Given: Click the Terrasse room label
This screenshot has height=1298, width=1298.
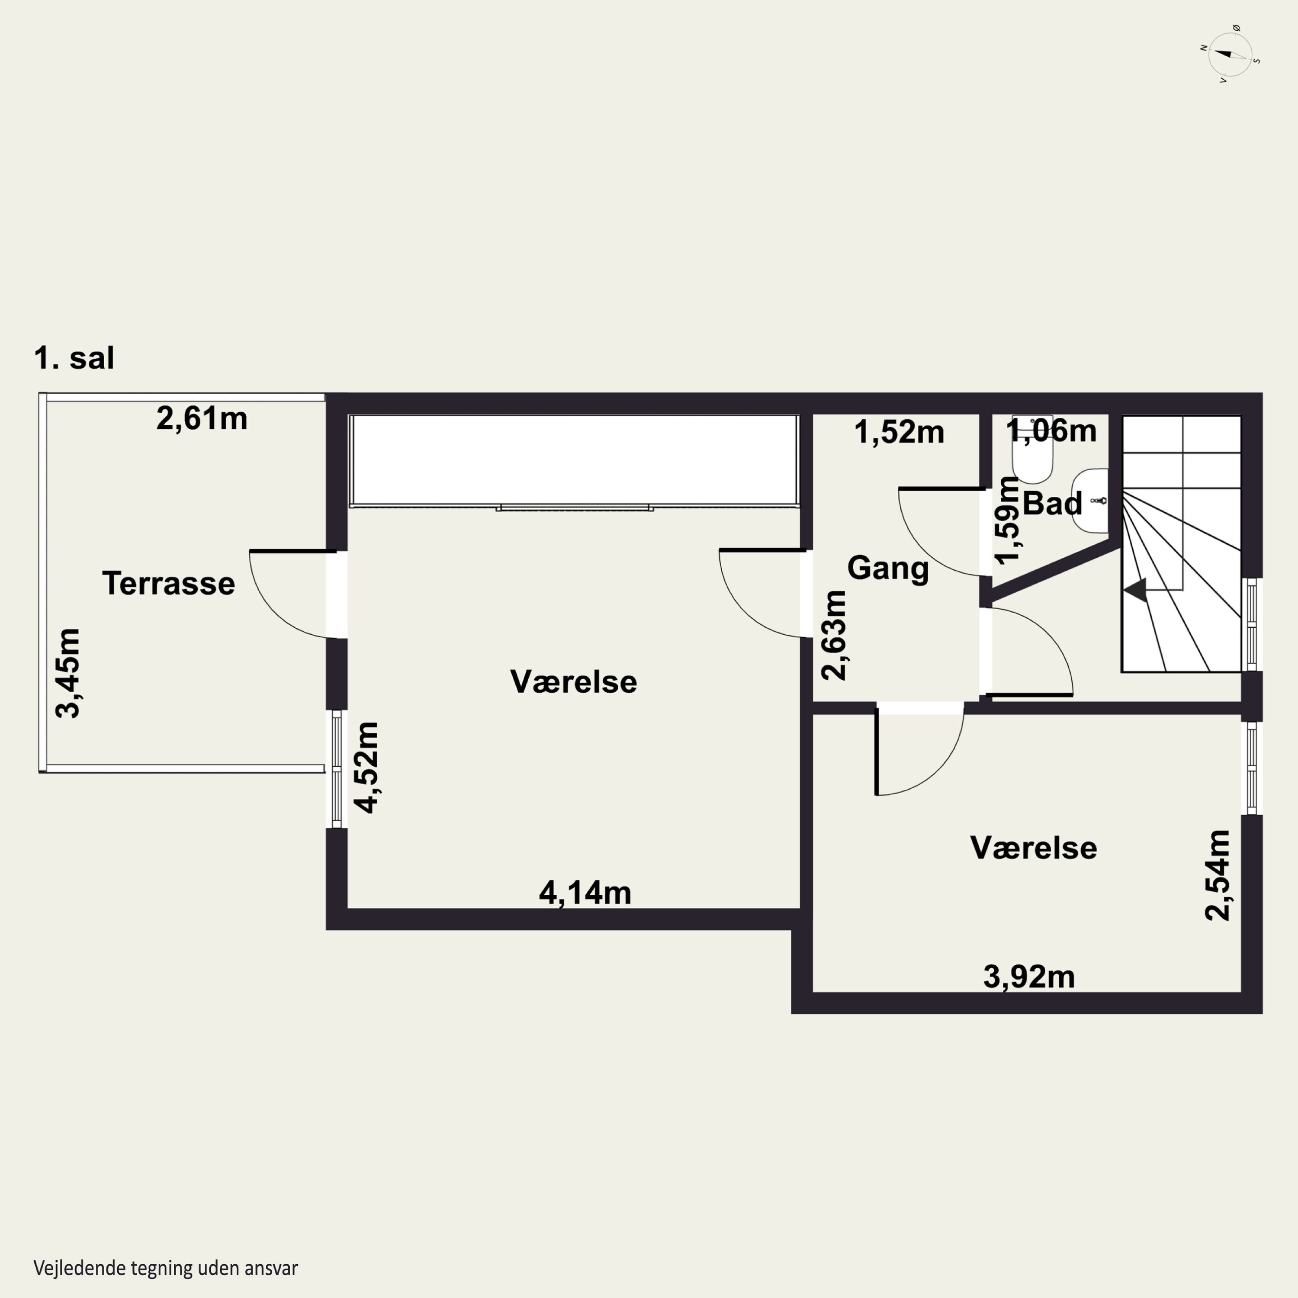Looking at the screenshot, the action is click(169, 583).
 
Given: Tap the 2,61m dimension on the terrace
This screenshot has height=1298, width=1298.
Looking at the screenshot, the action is click(202, 418).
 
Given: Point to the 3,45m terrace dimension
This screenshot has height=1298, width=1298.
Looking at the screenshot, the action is click(68, 673).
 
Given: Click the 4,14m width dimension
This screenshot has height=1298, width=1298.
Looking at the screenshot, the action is click(585, 893).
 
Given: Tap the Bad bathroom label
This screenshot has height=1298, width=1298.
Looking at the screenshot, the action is click(1052, 503).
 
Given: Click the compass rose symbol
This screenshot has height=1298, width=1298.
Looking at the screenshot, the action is click(1230, 55).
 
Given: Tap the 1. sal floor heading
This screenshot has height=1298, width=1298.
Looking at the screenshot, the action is click(74, 358).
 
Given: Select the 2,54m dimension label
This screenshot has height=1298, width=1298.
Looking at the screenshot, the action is click(1218, 875).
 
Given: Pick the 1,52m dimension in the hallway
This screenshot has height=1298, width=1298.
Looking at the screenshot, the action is click(899, 432).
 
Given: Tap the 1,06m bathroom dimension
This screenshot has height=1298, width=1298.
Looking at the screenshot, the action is click(1051, 430).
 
